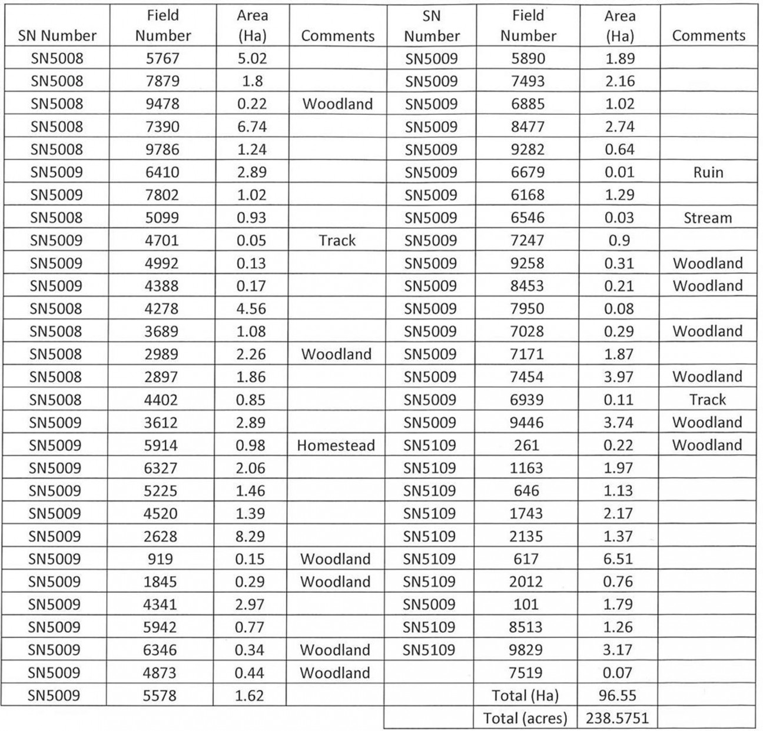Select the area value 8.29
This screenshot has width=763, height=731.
[250, 536]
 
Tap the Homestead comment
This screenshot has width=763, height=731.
[336, 446]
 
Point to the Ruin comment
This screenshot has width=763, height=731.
[708, 172]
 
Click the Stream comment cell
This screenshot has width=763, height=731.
[708, 218]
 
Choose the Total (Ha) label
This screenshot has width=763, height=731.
[525, 696]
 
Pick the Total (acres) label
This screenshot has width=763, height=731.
[525, 718]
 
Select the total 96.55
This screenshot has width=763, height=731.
[618, 696]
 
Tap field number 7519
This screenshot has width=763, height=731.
[526, 673]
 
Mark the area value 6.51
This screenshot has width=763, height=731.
[618, 559]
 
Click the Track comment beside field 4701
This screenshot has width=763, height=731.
[337, 240]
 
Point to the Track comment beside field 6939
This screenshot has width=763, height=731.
[708, 400]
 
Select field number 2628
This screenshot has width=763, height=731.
[160, 536]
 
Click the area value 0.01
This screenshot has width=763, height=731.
[619, 172]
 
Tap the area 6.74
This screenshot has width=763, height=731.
[251, 127]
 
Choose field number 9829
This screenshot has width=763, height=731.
[526, 650]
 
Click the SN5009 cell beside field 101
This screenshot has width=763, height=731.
[429, 604]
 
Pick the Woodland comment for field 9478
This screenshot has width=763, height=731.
[337, 104]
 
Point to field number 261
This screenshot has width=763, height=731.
[526, 446]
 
